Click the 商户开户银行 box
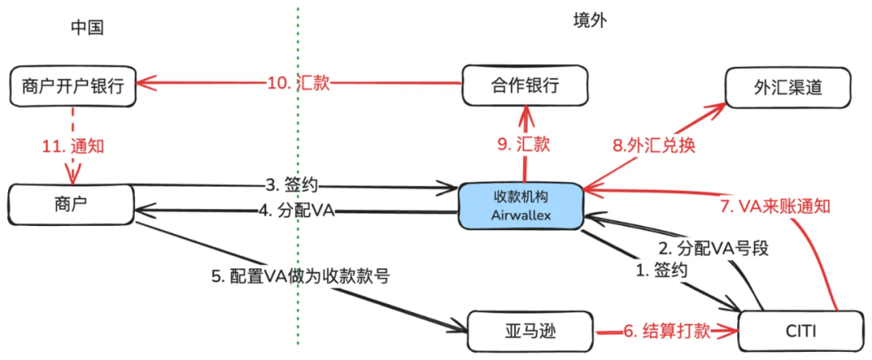[x=72, y=85]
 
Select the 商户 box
[x=71, y=205]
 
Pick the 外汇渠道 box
[x=789, y=85]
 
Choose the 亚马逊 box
[x=530, y=330]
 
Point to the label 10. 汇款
[x=298, y=82]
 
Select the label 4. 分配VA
[x=297, y=211]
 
